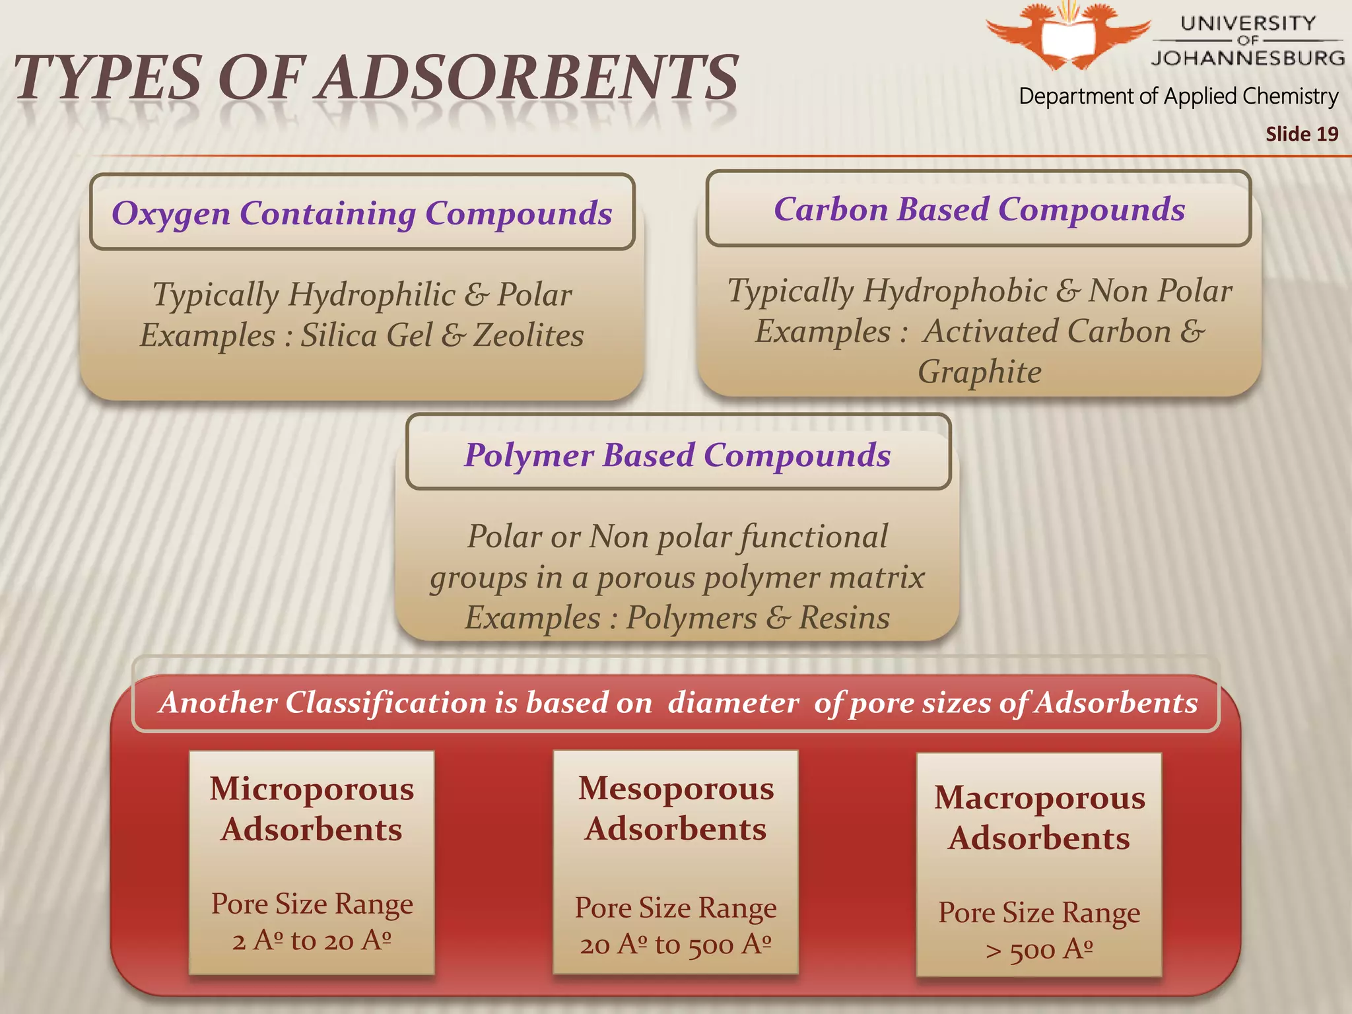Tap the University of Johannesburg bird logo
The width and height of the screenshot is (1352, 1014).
[x=1068, y=34]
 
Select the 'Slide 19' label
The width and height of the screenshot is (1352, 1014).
[x=1301, y=134]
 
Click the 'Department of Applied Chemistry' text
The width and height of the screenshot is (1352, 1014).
[x=1178, y=96]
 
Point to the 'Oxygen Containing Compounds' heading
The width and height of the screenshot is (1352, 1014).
[x=362, y=213]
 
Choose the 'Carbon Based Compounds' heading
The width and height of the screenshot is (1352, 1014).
[x=979, y=209]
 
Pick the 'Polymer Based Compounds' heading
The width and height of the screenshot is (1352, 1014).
[x=677, y=455]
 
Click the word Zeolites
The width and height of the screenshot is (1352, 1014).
[x=529, y=335]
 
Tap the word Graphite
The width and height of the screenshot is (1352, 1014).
[x=980, y=372]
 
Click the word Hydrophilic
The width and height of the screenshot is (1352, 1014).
[x=371, y=294]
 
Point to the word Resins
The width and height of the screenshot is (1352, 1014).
[x=844, y=618]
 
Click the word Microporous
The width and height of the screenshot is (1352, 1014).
[x=312, y=789]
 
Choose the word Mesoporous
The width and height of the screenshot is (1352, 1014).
[x=676, y=788]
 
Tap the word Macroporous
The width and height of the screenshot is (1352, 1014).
[x=1040, y=797]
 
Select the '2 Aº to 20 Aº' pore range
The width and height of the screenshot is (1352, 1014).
[x=312, y=940]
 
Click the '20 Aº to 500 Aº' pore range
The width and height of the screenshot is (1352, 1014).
[x=675, y=945]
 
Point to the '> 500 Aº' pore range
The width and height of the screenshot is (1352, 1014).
[x=1039, y=950]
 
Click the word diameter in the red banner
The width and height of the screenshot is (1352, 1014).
[x=733, y=702]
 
